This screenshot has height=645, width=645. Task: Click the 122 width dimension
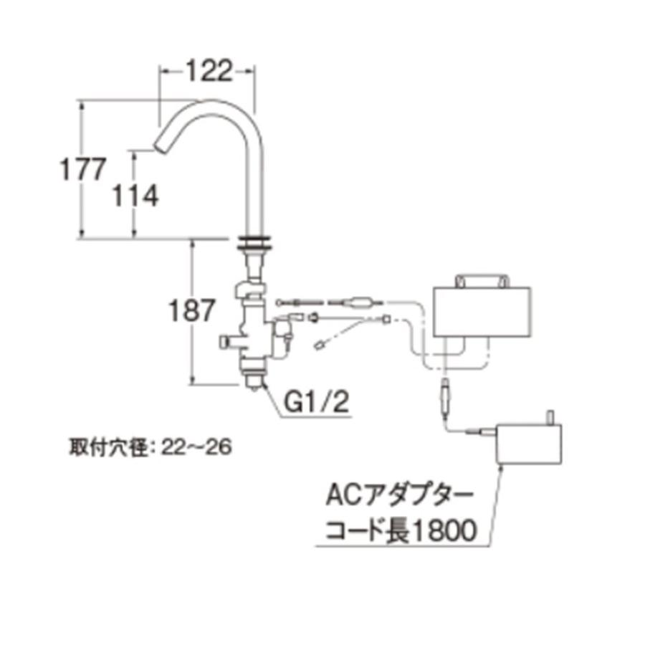(207, 71)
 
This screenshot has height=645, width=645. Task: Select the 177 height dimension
(82, 171)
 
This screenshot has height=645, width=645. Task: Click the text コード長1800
(401, 531)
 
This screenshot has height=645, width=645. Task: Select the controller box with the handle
(481, 312)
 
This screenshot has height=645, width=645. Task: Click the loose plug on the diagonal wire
(320, 348)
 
